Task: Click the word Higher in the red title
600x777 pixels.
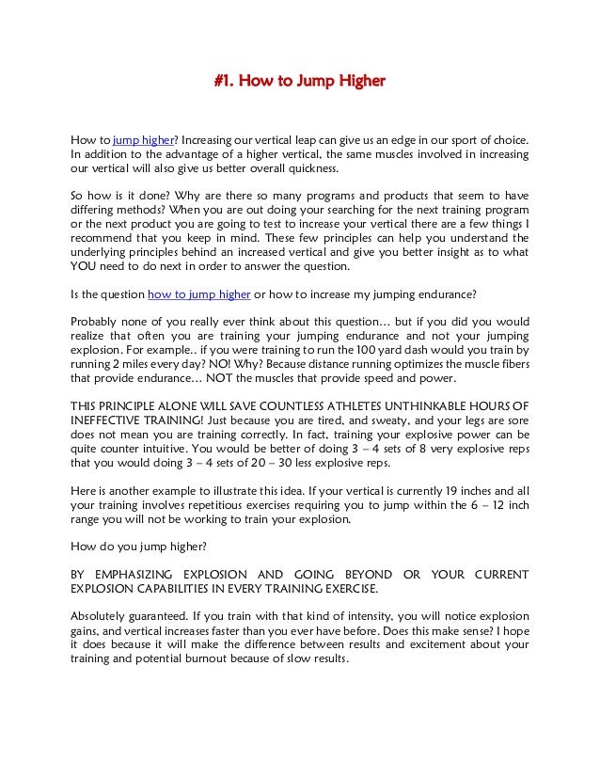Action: (x=359, y=82)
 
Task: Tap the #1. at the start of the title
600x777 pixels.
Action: (x=223, y=82)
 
